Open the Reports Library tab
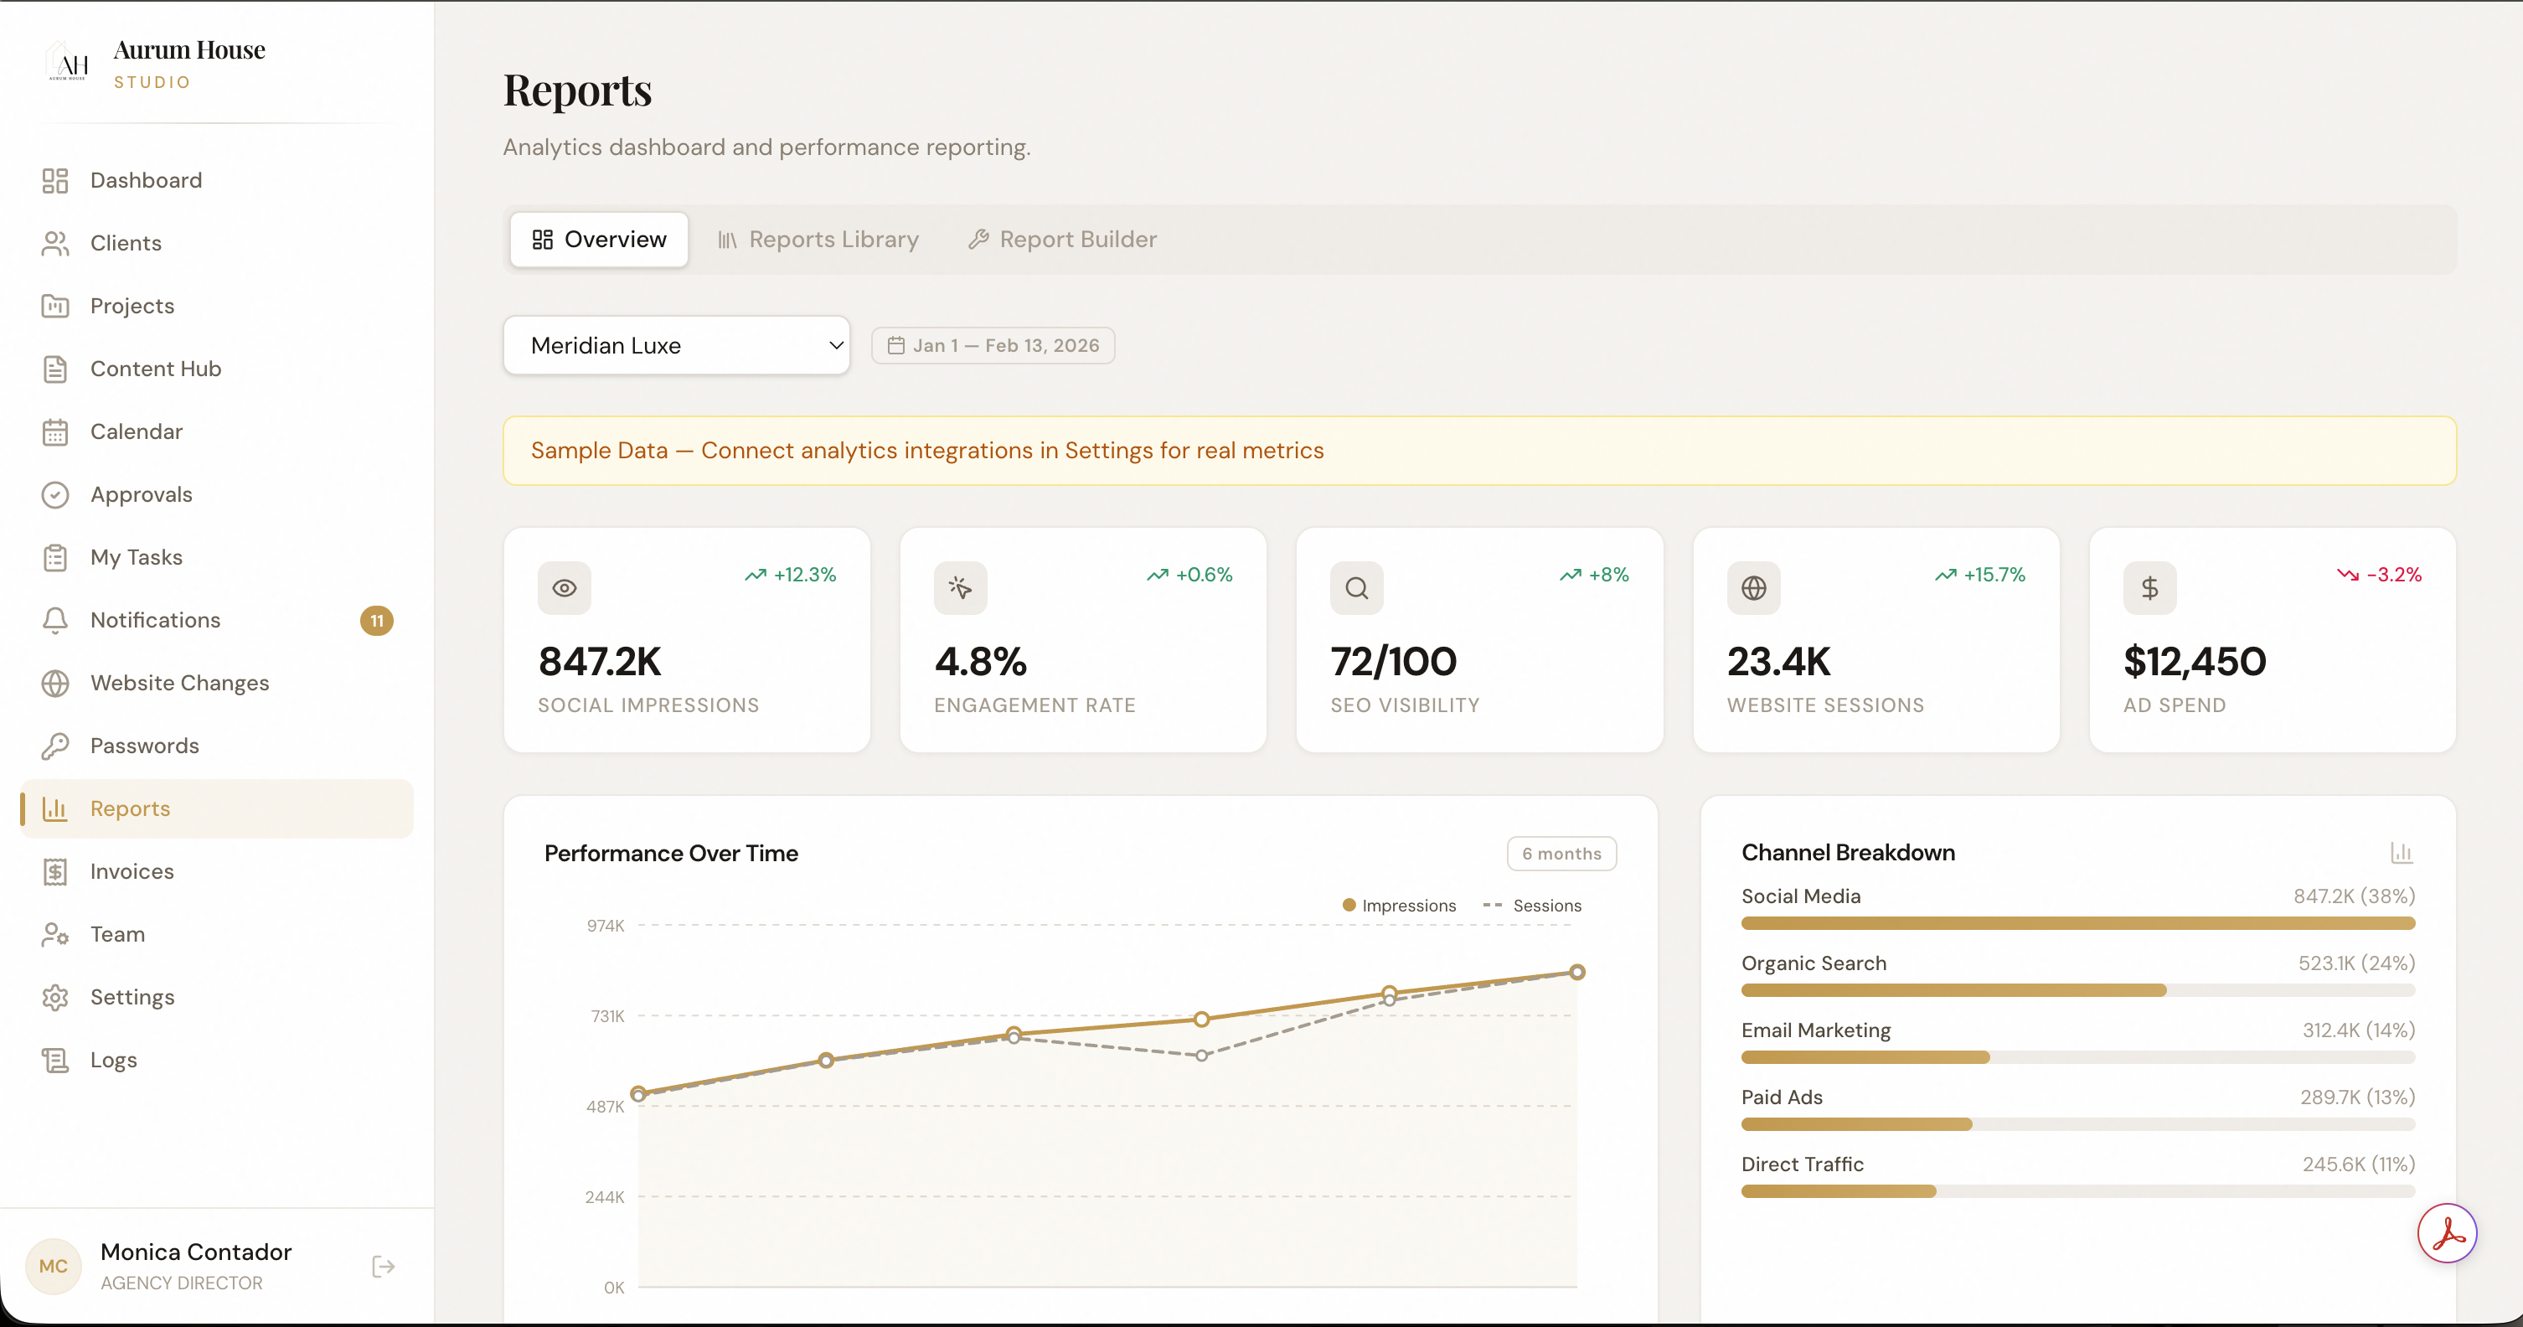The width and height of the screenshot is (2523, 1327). click(x=818, y=240)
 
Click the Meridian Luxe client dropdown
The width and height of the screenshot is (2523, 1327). click(x=676, y=346)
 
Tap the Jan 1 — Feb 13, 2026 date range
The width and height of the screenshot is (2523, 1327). click(x=993, y=346)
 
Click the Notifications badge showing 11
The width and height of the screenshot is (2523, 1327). click(x=377, y=621)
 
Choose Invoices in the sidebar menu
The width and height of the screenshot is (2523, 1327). click(x=132, y=871)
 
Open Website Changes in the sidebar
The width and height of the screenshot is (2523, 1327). click(x=179, y=683)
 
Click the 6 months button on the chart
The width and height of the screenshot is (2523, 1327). click(x=1561, y=854)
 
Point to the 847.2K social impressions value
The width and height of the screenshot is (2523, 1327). click(x=601, y=662)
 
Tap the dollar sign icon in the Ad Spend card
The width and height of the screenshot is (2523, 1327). click(x=2150, y=589)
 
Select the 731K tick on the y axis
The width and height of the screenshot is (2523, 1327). click(x=607, y=1016)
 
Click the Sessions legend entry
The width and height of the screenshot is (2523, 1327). click(x=1533, y=906)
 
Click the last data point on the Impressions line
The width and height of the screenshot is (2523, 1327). click(x=1576, y=973)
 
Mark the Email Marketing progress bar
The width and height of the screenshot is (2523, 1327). click(x=2077, y=1058)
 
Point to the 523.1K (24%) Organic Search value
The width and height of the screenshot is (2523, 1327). click(x=2355, y=963)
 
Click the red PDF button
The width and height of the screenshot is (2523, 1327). click(x=2447, y=1234)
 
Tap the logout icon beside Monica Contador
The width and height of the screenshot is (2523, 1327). click(x=383, y=1268)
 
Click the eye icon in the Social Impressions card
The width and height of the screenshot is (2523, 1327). click(x=564, y=589)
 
